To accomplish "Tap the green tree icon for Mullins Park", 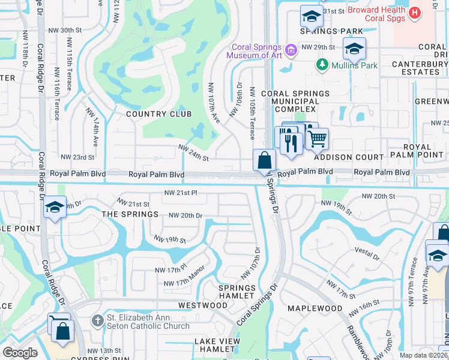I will click(322, 65).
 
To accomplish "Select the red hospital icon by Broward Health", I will click(414, 13).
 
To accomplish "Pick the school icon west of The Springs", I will click(55, 207).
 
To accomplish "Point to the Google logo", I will click(20, 353).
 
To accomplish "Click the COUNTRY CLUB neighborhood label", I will click(158, 114).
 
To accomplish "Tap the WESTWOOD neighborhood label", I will click(203, 305).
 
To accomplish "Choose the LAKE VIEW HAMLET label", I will click(217, 346).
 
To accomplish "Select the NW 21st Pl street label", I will click(181, 193).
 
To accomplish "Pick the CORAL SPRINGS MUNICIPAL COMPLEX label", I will click(295, 101).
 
